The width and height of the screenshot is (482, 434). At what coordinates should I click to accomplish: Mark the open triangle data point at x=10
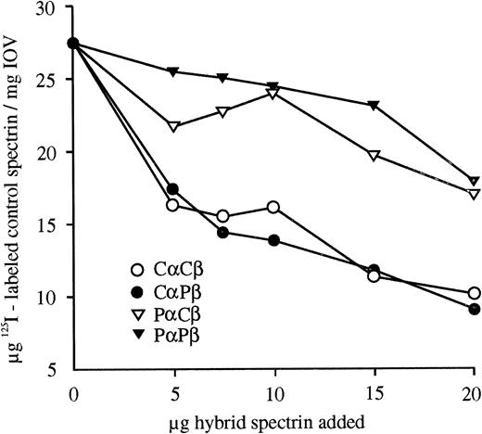(x=273, y=93)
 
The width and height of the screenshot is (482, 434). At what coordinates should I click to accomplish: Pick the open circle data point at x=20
(x=474, y=293)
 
